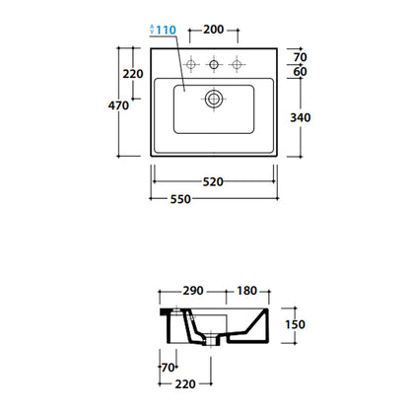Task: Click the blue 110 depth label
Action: click(x=166, y=30)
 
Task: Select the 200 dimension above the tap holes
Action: click(x=214, y=30)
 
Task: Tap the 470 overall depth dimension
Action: click(x=118, y=105)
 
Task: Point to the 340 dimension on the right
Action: click(x=301, y=117)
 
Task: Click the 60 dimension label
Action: click(x=301, y=71)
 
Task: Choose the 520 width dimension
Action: click(x=213, y=181)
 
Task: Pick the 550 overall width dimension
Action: click(x=180, y=199)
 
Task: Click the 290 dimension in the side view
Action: click(x=193, y=291)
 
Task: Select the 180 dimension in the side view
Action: click(x=247, y=291)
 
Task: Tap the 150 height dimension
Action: click(x=295, y=324)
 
